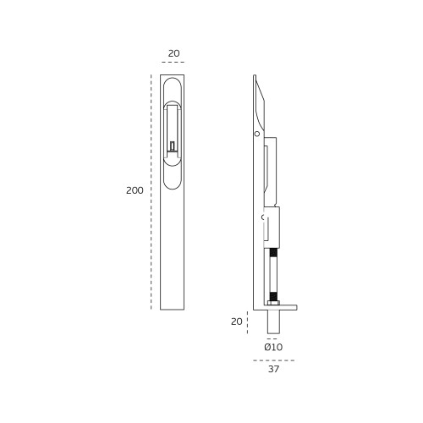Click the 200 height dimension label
coord(135,190)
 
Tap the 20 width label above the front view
coord(173,53)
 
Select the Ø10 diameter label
coord(273,347)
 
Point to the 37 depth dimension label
coord(273,369)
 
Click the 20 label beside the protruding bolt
coord(236,321)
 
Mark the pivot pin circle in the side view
coord(257,134)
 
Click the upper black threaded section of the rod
coord(273,252)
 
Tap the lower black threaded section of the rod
coord(273,296)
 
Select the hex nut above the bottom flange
coord(273,303)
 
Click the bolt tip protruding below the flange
coord(273,321)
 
